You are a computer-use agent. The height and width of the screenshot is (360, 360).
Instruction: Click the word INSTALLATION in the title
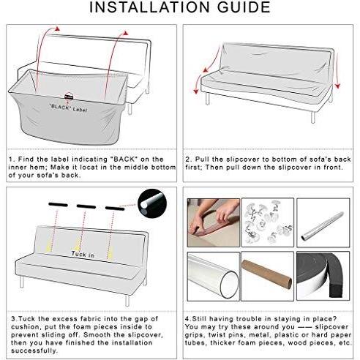[149, 7]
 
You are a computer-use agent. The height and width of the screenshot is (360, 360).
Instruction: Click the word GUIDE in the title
[244, 7]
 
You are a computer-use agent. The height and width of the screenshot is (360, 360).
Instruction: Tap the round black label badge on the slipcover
[69, 97]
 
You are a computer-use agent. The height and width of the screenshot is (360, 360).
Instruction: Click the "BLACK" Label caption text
[68, 108]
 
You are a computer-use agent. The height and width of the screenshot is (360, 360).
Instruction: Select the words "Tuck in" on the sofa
[83, 255]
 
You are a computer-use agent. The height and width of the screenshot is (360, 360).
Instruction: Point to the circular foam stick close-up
[152, 203]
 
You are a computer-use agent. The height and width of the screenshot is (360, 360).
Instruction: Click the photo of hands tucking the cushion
[214, 222]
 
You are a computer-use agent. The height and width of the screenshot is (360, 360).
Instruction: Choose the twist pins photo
[268, 222]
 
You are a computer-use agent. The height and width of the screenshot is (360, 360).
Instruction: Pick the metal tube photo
[323, 222]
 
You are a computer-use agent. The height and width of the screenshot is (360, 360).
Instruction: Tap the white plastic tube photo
[214, 276]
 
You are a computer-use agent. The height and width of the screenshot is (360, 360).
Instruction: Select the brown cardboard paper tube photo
[268, 276]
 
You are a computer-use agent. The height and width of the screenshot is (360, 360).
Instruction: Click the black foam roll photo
[323, 276]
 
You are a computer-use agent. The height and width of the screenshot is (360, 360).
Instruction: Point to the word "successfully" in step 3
[34, 351]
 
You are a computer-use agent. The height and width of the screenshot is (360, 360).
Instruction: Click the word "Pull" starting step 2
[202, 160]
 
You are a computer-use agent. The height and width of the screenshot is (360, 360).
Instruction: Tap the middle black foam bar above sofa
[86, 206]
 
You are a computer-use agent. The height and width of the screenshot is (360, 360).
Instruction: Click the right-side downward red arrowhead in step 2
[337, 86]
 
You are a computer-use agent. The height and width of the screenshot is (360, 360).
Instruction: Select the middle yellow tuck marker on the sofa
[78, 245]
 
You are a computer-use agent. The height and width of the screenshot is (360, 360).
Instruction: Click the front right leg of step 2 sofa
[313, 118]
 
